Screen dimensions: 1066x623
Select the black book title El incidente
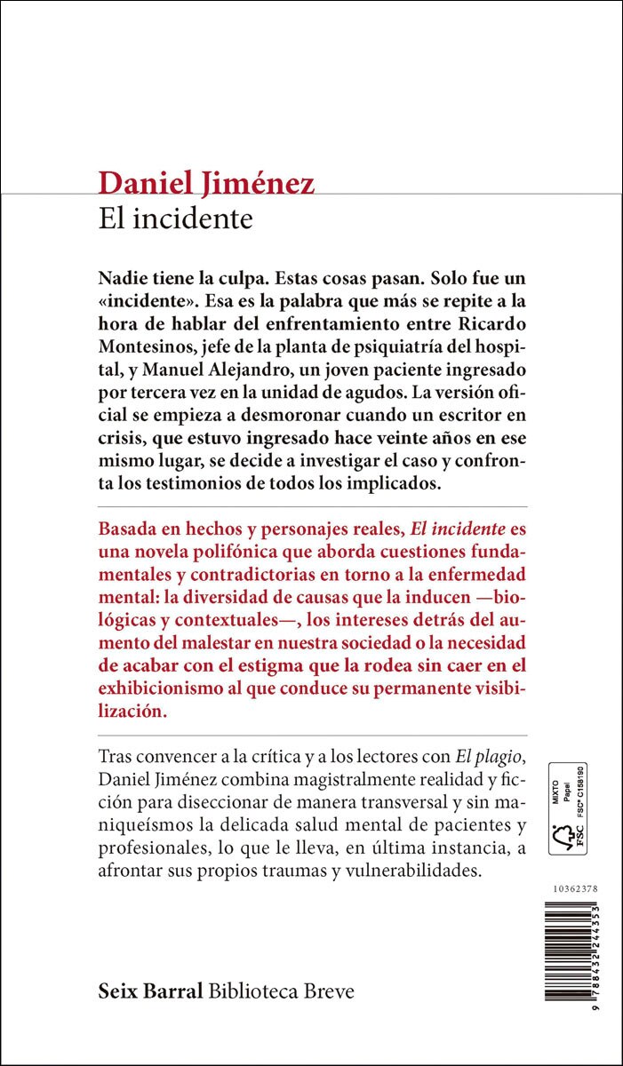pyautogui.click(x=176, y=219)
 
